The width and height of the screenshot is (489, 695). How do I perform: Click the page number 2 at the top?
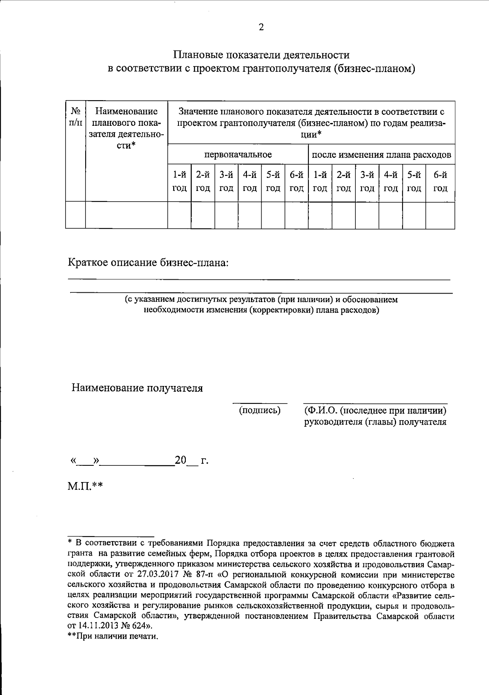click(261, 27)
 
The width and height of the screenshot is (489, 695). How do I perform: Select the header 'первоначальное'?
click(238, 155)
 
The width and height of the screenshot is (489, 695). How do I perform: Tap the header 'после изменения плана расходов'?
click(381, 155)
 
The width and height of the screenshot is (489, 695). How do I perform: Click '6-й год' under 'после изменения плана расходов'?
click(440, 182)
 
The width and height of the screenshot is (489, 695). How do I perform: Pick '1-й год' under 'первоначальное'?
click(179, 182)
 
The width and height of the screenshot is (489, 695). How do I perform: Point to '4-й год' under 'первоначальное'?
click(249, 182)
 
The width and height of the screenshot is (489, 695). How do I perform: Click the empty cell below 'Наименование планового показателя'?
click(126, 215)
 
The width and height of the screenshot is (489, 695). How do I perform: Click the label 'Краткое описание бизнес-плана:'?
click(148, 263)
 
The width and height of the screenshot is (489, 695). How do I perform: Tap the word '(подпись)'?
click(260, 410)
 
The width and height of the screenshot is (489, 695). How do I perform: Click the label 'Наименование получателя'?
click(137, 388)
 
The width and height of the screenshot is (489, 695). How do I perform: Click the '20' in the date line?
click(180, 460)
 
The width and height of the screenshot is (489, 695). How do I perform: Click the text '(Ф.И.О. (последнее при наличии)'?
click(375, 410)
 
